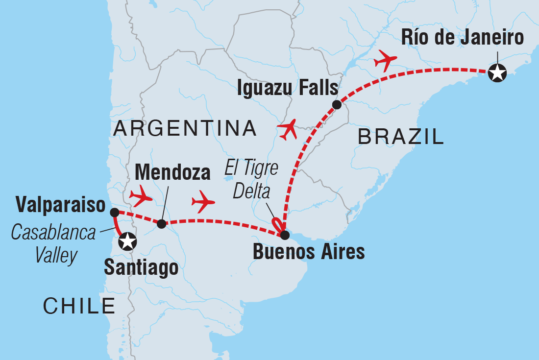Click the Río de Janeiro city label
(x=462, y=38)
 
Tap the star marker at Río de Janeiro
(x=497, y=73)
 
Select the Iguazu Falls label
(x=288, y=89)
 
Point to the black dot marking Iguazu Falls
(x=337, y=104)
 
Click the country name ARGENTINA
(x=185, y=128)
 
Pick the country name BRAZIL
(x=401, y=137)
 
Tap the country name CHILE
(x=79, y=306)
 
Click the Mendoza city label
(x=172, y=172)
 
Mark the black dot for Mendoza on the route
(x=161, y=224)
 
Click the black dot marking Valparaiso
(x=114, y=212)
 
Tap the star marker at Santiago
(x=127, y=241)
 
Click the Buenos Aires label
(x=309, y=252)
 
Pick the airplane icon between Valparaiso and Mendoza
(x=140, y=196)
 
